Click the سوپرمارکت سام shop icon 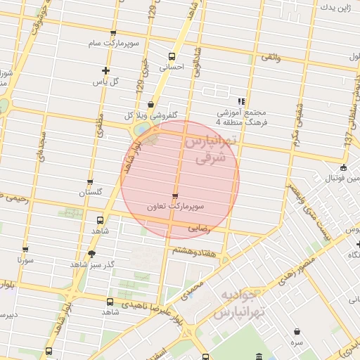click(113, 34)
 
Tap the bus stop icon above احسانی click(172, 57)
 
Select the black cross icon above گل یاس click(105, 70)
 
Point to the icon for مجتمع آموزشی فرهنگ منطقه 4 click(241, 102)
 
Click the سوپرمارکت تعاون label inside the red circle click(176, 207)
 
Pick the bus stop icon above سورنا click(25, 250)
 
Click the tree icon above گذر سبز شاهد click(91, 253)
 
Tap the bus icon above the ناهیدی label click(109, 302)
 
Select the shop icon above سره click(297, 330)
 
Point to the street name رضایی click(199, 229)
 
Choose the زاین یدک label click(335, 8)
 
